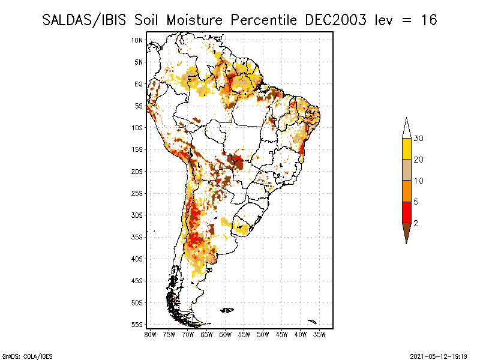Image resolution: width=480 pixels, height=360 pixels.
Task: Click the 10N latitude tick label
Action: (x=137, y=40)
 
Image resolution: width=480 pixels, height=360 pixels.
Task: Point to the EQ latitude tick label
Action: (x=139, y=84)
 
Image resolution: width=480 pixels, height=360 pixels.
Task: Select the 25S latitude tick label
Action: (x=137, y=193)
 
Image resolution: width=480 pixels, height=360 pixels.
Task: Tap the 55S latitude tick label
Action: (x=137, y=325)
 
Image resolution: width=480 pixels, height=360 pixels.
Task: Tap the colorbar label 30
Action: (x=419, y=139)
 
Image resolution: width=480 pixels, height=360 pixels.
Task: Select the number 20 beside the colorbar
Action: (x=419, y=160)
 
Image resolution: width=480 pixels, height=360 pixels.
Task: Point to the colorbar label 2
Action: (x=416, y=223)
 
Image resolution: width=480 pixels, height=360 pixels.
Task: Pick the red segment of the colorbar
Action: (x=406, y=212)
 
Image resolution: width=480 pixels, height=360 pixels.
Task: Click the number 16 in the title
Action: (x=428, y=20)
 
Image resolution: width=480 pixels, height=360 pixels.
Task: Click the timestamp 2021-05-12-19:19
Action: (x=439, y=356)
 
